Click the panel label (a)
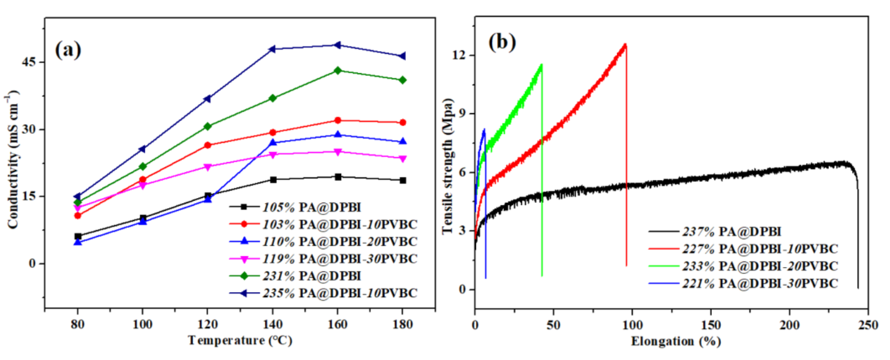(68, 49)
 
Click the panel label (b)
(502, 43)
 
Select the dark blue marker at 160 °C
(338, 45)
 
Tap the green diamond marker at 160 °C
(338, 71)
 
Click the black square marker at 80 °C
(78, 236)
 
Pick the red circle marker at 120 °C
(208, 145)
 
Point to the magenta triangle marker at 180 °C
(402, 159)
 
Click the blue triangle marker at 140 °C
(273, 142)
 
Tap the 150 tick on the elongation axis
(711, 325)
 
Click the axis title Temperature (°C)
(240, 341)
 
